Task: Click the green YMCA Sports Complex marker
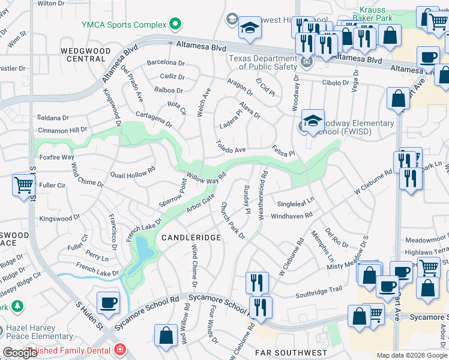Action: point(175,25)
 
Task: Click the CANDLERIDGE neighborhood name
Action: point(191,238)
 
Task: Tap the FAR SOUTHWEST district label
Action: point(291,353)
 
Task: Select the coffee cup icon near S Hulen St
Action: point(108,302)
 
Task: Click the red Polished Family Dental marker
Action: point(120,349)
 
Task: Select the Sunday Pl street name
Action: point(247,199)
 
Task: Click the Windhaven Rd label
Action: point(292,215)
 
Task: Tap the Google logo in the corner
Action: point(20,353)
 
